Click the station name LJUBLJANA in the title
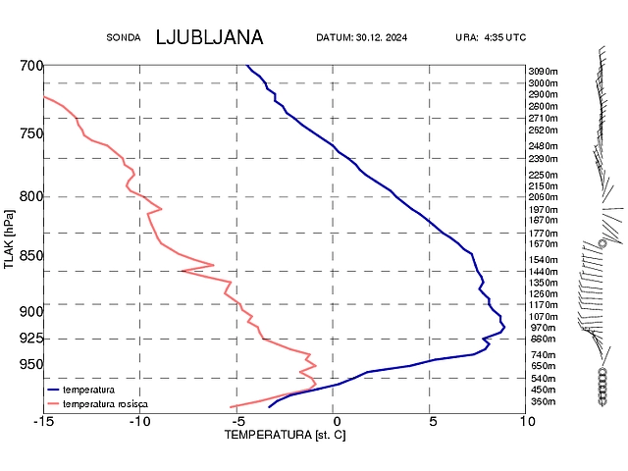click(x=209, y=37)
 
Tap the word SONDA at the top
click(x=125, y=38)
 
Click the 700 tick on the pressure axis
click(x=31, y=66)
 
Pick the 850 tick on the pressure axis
click(x=31, y=256)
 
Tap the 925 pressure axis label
click(x=31, y=339)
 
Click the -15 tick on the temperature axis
click(x=44, y=421)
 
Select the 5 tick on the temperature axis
click(x=432, y=421)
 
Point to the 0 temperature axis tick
click(x=334, y=421)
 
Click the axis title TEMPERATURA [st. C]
click(x=286, y=434)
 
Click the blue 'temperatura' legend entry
click(x=88, y=390)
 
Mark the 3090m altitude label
click(x=543, y=72)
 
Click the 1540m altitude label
click(x=543, y=260)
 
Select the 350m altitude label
click(x=543, y=401)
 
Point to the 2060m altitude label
click(x=543, y=197)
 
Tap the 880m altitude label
click(x=543, y=340)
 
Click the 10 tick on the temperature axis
click(x=527, y=421)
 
